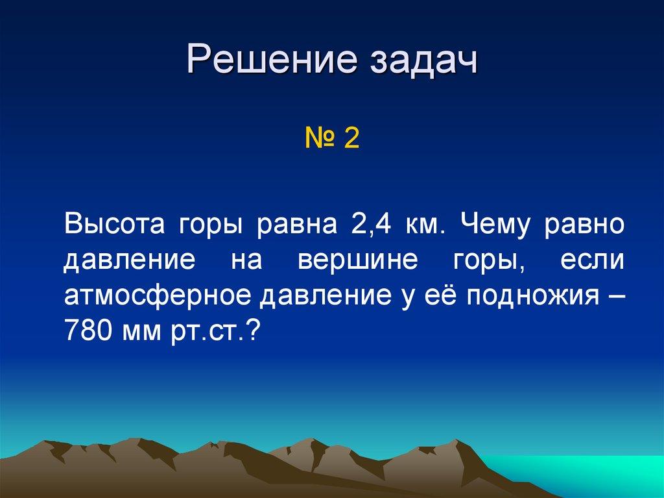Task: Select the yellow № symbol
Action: (320, 139)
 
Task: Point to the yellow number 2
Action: (352, 139)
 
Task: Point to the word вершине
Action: (348, 261)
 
